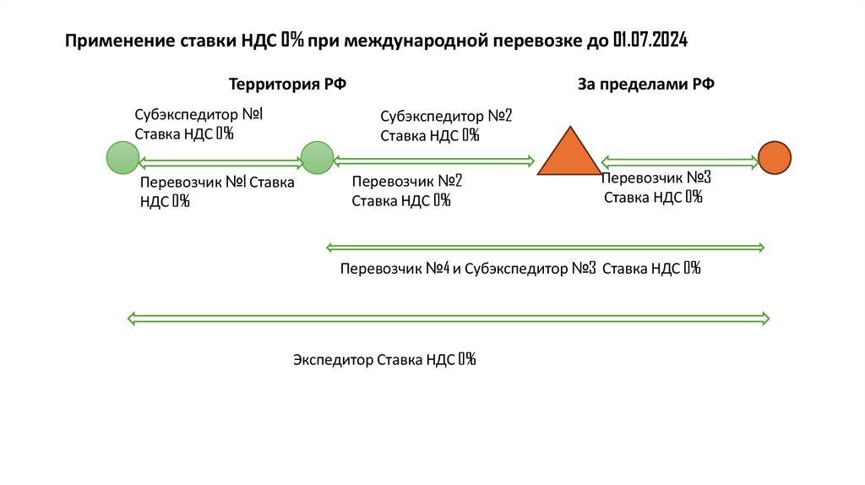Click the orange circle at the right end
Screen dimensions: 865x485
[x=774, y=158]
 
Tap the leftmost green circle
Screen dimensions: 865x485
[x=122, y=158]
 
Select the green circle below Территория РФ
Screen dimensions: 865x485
[x=318, y=158]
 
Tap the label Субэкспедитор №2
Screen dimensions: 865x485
[x=446, y=116]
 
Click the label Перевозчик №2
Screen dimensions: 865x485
[x=407, y=181]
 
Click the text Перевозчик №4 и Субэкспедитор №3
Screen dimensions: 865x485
[x=468, y=269]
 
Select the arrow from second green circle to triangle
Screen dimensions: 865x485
[x=434, y=159]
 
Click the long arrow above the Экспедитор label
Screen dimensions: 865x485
[x=448, y=319]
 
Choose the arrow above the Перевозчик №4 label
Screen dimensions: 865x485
[x=545, y=248]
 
